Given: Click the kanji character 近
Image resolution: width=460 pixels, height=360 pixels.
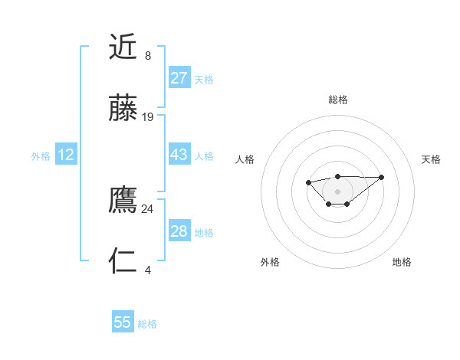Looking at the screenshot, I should [x=123, y=47].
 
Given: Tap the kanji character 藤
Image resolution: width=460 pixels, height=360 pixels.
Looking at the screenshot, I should [x=123, y=109].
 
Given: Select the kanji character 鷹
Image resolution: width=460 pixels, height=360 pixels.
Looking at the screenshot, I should [x=123, y=201].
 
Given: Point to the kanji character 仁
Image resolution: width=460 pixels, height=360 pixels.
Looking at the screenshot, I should [x=123, y=262].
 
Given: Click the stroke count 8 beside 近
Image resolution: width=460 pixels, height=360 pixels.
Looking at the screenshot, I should [x=148, y=56].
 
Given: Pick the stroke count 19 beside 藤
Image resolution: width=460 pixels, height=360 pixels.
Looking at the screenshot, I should [x=148, y=117].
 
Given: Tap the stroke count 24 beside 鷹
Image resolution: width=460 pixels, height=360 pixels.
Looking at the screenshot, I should [x=148, y=209].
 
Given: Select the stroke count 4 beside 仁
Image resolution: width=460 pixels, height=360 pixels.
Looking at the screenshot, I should [x=148, y=270].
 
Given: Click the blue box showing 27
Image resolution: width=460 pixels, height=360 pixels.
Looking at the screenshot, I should [x=179, y=78].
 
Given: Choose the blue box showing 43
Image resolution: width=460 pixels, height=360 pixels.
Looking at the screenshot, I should [x=179, y=155].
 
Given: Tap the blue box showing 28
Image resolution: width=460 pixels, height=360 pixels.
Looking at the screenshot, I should [x=179, y=231].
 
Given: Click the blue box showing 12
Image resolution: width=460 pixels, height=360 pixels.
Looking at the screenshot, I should [x=66, y=155].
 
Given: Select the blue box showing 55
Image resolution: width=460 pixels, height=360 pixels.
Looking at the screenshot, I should [x=123, y=323].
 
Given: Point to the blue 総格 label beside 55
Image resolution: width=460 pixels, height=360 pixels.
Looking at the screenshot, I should [x=148, y=324].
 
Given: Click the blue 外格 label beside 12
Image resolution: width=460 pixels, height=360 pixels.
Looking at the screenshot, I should [x=41, y=156].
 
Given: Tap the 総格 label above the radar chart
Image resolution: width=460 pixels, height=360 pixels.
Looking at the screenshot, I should [x=337, y=100].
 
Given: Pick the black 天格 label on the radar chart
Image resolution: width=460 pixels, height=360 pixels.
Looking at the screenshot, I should [x=432, y=159].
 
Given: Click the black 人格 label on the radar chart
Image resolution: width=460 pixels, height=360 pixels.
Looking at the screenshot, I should [x=245, y=159].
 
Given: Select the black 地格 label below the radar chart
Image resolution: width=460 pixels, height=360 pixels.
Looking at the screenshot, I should [x=402, y=262].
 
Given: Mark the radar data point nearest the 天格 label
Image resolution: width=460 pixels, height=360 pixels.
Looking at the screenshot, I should [x=382, y=177].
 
